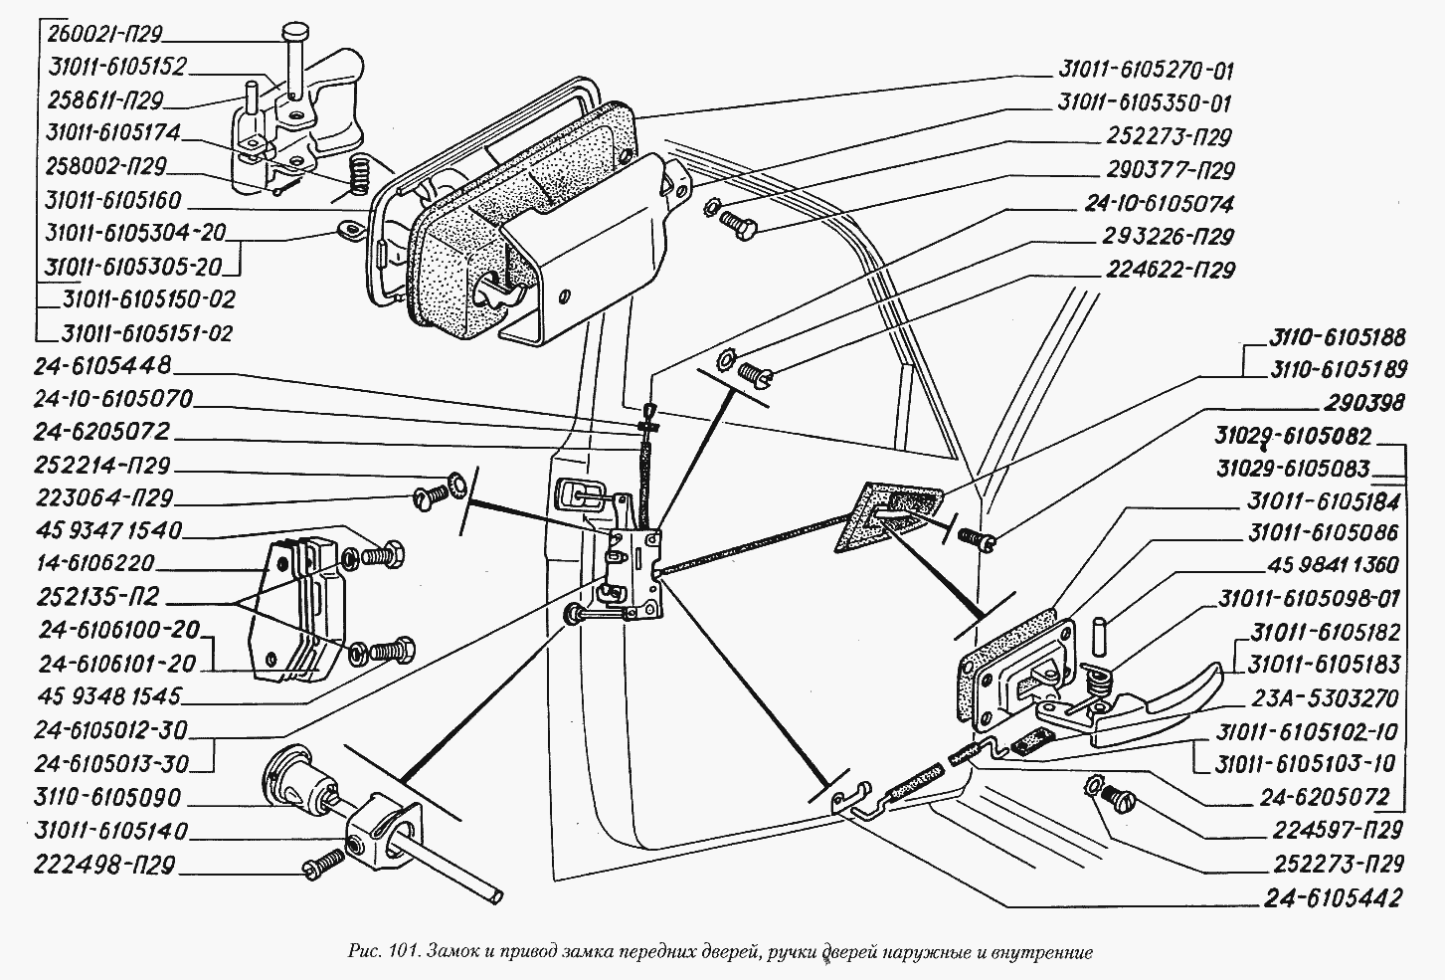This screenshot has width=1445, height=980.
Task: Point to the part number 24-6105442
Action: coord(1333,897)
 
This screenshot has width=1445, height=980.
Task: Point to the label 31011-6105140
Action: coord(109,831)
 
